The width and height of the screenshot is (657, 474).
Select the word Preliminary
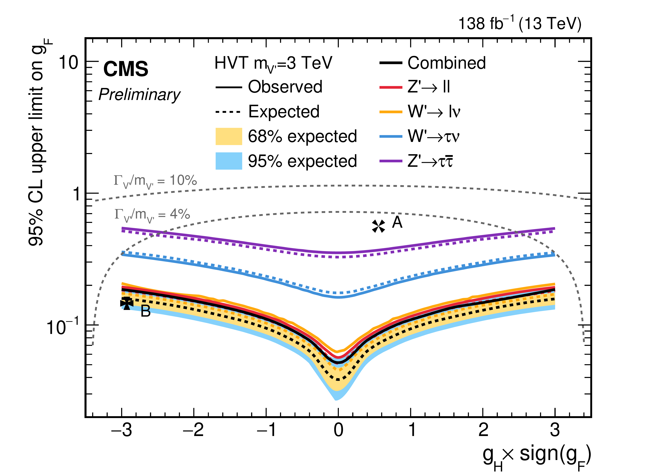(139, 95)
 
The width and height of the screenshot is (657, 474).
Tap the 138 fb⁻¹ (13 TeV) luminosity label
(519, 24)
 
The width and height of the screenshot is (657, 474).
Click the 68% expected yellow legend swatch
(229, 136)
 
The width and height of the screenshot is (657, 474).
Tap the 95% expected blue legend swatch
(229, 161)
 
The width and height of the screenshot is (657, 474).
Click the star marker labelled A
(378, 226)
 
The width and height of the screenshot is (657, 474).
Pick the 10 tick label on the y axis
(68, 62)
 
